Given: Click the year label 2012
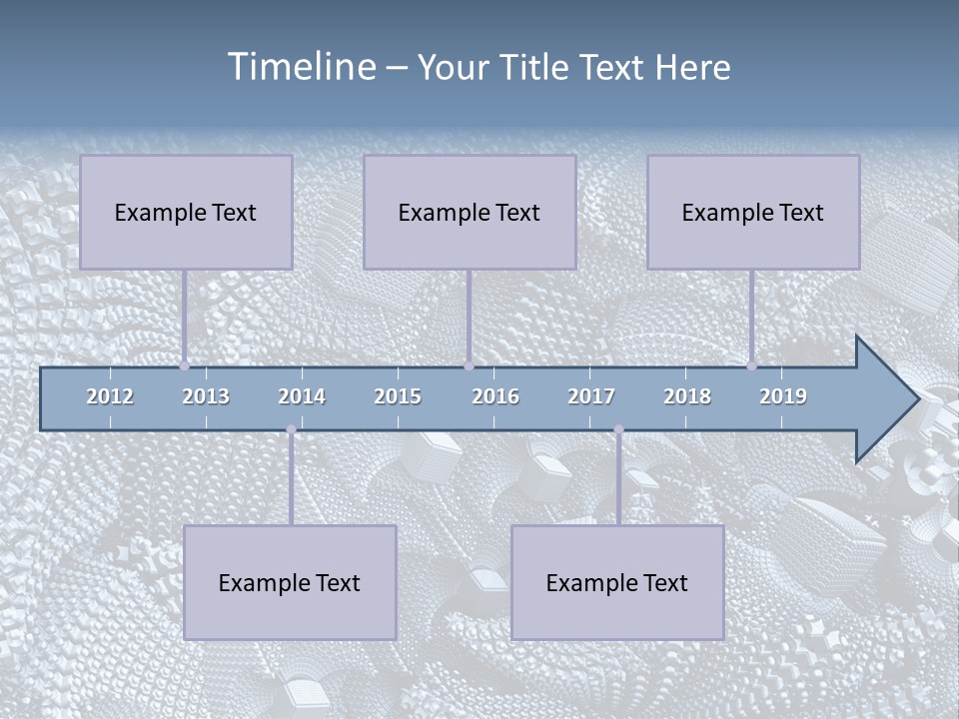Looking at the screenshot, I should (110, 396).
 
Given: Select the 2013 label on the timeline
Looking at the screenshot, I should (206, 396).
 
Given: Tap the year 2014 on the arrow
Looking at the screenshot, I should (302, 396).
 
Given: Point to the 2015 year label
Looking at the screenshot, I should (398, 396).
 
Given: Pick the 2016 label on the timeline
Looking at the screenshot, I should (495, 396).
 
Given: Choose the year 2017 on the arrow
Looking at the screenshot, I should (591, 396).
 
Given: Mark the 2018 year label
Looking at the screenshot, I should (687, 396).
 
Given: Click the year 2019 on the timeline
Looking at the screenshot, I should (783, 396).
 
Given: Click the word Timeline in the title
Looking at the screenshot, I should (302, 67).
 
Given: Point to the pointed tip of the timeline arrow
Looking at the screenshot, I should (917, 399).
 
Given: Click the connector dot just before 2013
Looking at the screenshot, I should (185, 366).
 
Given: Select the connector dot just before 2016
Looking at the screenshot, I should (469, 366).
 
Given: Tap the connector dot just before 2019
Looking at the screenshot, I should (752, 366).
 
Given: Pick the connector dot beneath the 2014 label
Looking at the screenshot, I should (291, 429).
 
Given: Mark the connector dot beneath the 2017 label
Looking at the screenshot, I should (618, 429).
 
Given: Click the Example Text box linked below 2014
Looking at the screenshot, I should (290, 582).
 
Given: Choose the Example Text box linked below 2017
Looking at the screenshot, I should (617, 582).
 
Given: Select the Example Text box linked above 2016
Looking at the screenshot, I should (470, 212).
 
